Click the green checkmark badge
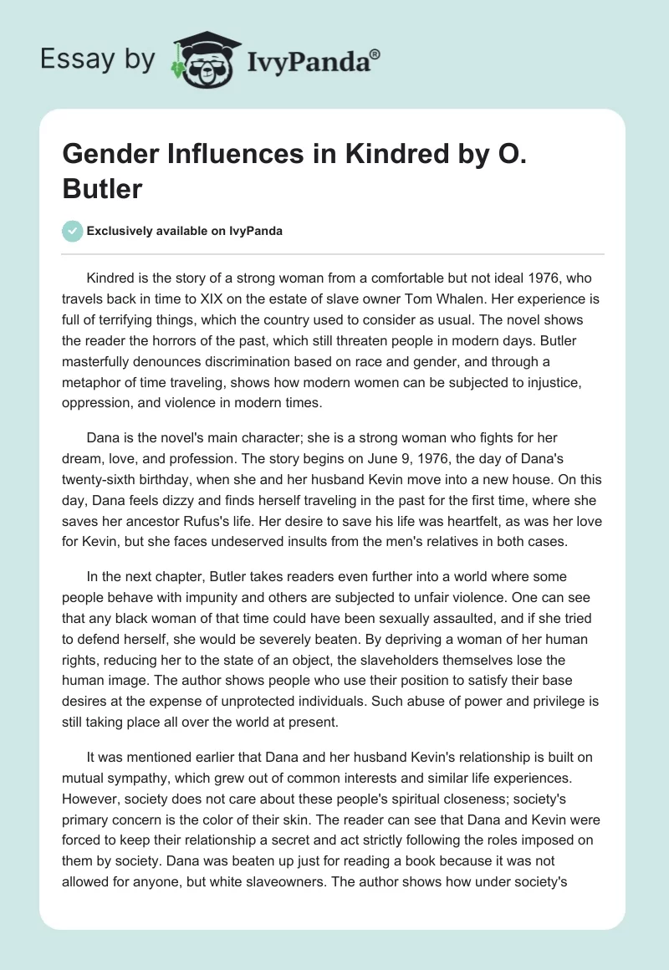click(x=73, y=231)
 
